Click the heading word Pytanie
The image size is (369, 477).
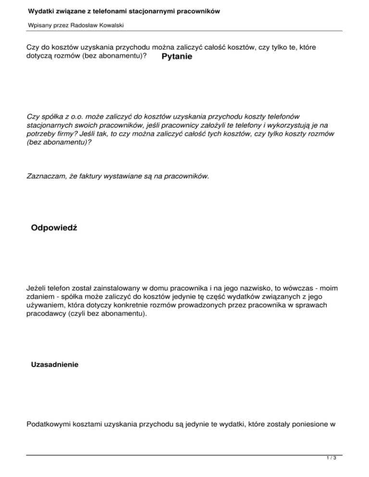[177, 57]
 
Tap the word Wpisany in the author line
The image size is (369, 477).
[37, 24]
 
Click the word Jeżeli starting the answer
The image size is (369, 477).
[36, 289]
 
